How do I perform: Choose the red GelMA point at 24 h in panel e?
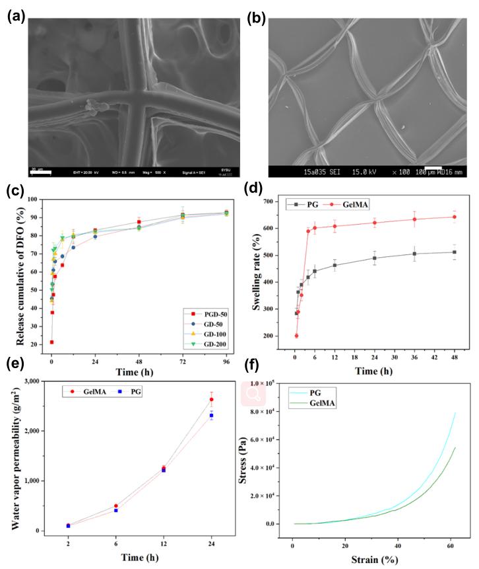click(211, 399)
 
